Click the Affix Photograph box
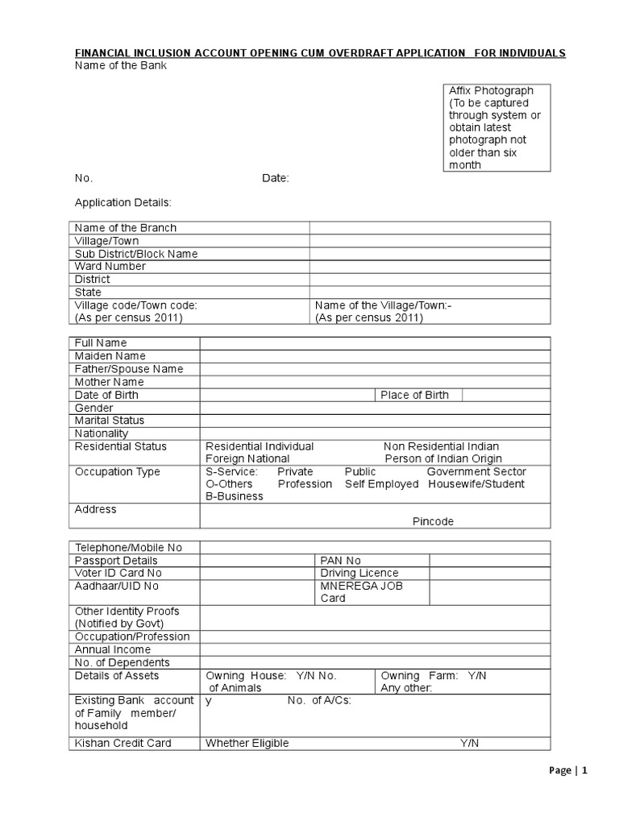click(496, 127)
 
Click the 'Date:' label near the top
click(275, 178)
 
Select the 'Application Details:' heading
click(123, 202)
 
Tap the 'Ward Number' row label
click(110, 267)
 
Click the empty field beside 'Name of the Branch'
click(430, 228)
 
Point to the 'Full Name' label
click(101, 343)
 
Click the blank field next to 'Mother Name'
click(375, 382)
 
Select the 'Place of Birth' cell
click(415, 395)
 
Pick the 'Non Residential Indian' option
click(441, 446)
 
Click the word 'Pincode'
click(433, 521)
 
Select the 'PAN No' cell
click(341, 561)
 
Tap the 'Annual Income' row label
click(113, 649)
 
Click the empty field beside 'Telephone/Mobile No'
click(375, 548)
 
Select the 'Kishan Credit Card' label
click(123, 743)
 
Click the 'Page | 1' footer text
click(568, 770)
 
